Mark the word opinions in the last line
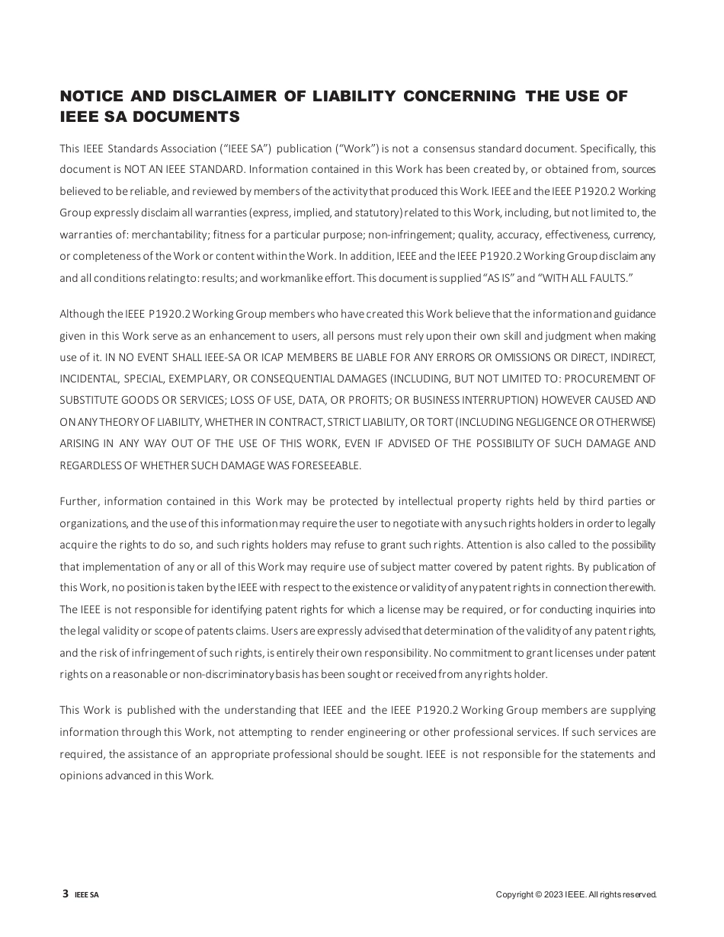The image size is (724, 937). coord(79,776)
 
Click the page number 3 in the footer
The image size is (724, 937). coord(66,894)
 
